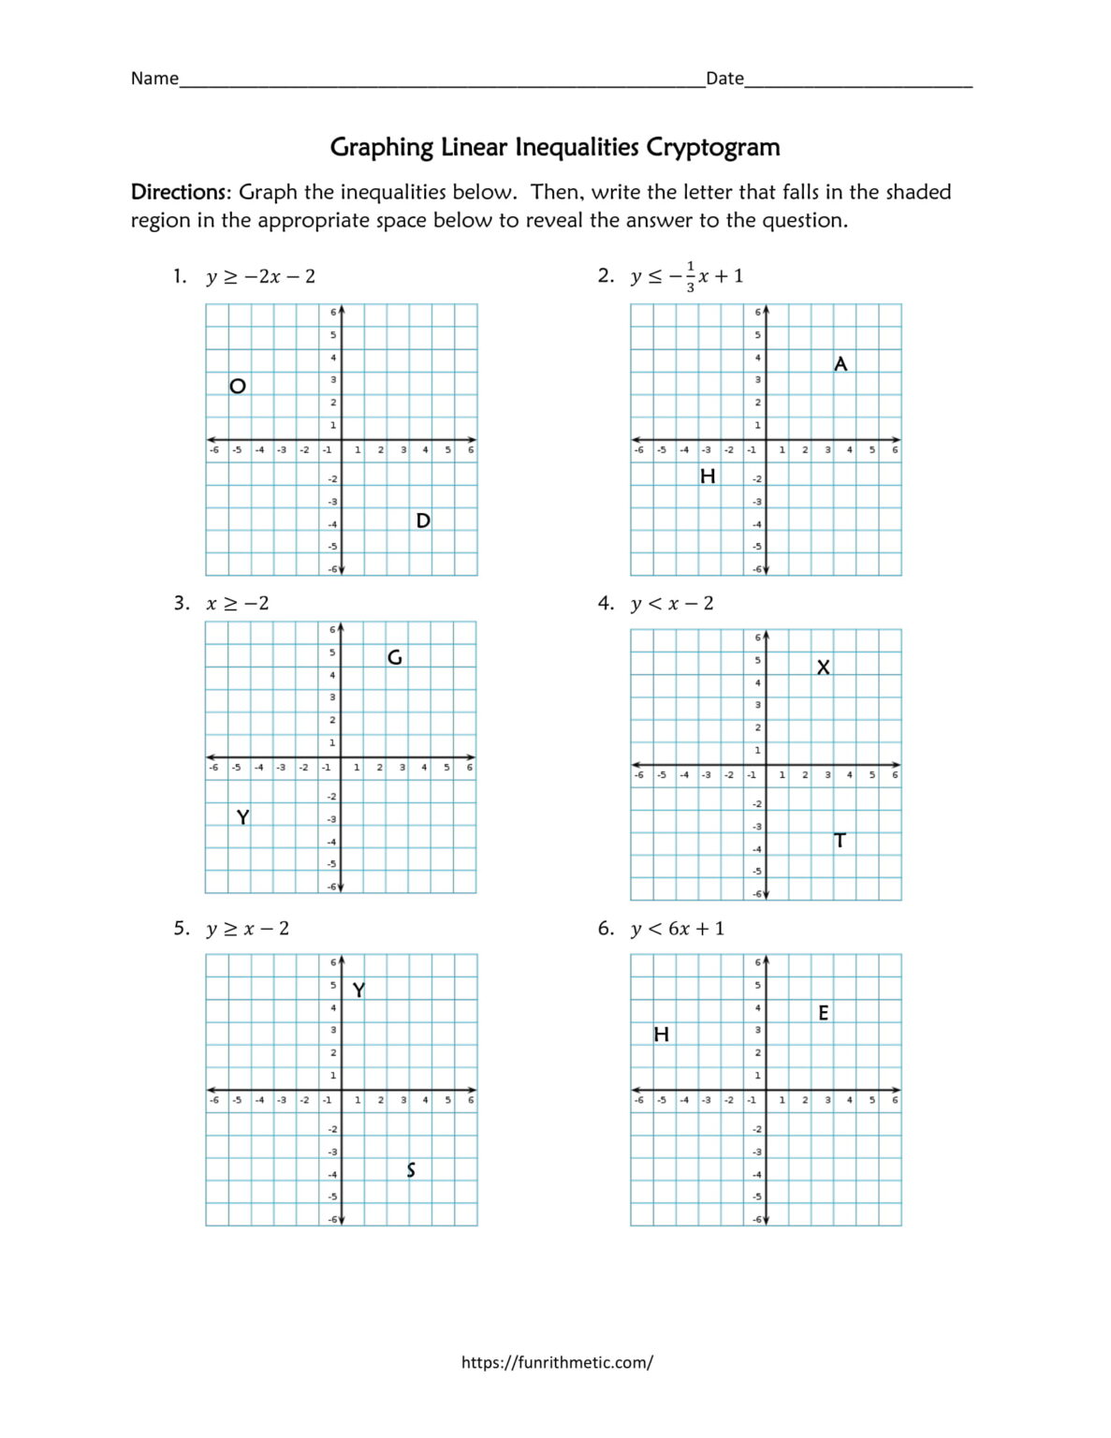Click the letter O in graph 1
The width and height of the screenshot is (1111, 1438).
point(238,386)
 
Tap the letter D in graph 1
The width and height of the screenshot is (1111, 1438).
point(423,521)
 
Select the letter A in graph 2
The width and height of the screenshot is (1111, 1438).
point(841,363)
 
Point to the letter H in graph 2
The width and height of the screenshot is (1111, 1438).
point(708,477)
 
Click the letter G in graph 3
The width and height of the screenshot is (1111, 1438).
point(395,657)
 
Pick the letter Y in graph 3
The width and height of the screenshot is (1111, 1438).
point(242,817)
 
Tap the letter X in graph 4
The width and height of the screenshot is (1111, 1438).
point(823,668)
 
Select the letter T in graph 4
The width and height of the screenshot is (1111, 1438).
point(840,841)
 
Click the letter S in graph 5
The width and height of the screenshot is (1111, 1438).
point(411,1170)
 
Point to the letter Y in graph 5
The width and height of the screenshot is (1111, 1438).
point(358,990)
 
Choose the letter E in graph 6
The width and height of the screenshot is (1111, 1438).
point(824,1013)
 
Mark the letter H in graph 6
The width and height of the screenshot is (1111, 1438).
point(662,1034)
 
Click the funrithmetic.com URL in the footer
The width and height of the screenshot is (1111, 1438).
point(557,1362)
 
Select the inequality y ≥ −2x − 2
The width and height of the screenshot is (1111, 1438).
point(261,276)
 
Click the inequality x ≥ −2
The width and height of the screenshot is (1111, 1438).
point(238,603)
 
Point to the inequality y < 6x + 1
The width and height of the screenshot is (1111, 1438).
point(678,929)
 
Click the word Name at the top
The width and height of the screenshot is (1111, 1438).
point(154,79)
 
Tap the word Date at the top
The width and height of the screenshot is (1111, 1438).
point(724,79)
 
